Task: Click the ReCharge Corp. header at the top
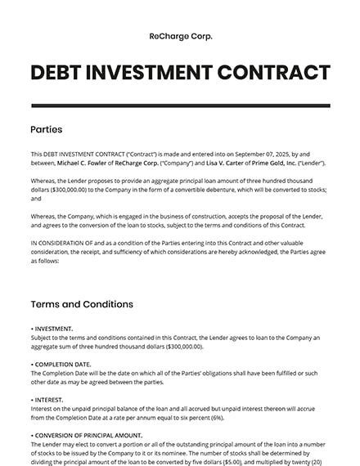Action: [x=180, y=37]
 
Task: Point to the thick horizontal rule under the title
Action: [x=180, y=105]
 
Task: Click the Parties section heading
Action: [x=46, y=129]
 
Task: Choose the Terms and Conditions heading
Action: [x=81, y=304]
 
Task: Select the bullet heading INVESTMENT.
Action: [x=54, y=329]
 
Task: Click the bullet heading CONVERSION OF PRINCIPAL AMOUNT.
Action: [x=90, y=435]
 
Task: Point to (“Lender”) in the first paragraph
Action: [x=313, y=164]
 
